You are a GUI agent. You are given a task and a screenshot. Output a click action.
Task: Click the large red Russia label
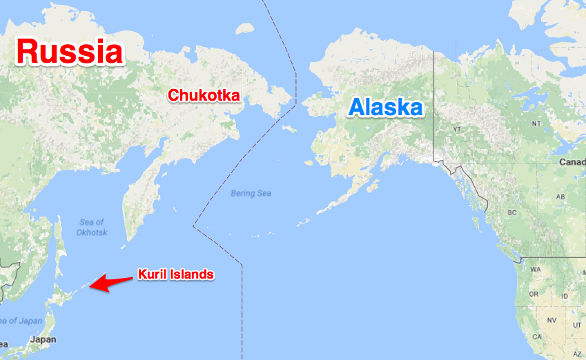click(70, 52)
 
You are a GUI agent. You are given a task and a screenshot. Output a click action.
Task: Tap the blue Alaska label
click(385, 108)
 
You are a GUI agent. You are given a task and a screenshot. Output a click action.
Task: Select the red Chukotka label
click(204, 96)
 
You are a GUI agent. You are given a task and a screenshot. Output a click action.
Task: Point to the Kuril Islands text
click(177, 274)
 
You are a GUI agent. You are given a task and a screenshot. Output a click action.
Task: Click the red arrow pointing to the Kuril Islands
click(111, 282)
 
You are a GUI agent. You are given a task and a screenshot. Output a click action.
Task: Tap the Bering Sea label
click(251, 194)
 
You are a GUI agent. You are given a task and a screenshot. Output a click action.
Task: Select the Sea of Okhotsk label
click(91, 227)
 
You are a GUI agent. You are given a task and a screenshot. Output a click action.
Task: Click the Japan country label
click(43, 339)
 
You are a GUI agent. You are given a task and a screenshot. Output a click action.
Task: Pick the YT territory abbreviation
click(456, 129)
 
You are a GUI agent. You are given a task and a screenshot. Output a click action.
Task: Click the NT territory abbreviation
click(536, 123)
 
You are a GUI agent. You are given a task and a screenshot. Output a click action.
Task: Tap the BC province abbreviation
click(511, 212)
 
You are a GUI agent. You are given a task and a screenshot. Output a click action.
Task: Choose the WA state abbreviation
click(535, 270)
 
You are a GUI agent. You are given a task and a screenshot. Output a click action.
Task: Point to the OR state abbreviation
click(532, 294)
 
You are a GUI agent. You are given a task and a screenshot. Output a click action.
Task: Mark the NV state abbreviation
click(551, 321)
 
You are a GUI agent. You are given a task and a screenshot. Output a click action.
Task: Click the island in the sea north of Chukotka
click(243, 29)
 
